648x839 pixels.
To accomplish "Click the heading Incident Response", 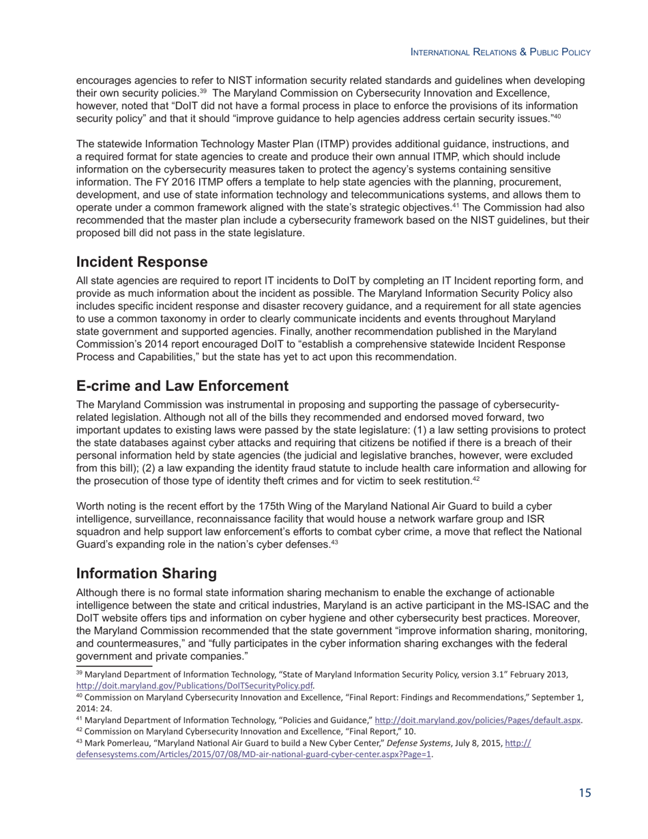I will point(142,262).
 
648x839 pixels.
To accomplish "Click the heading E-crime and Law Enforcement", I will point(182,386).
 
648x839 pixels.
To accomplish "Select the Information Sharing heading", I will point(147,573).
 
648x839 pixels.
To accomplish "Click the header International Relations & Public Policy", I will point(499,53).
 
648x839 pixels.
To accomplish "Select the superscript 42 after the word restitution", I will point(476,479).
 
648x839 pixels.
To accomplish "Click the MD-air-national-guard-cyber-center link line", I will point(254,755).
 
